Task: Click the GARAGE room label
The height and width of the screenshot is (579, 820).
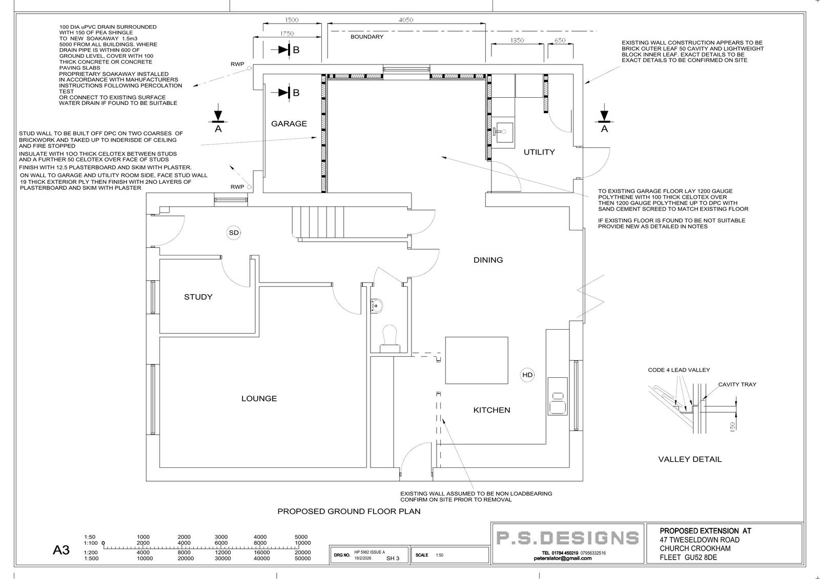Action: tap(289, 123)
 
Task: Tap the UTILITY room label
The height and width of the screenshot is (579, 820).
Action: tap(539, 152)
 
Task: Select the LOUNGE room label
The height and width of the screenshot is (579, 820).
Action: tap(259, 398)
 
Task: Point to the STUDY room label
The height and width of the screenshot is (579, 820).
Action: tap(198, 296)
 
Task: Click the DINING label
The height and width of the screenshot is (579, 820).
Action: tap(488, 260)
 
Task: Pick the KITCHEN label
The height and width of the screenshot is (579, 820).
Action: tap(491, 410)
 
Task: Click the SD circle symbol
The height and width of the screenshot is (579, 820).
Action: tap(234, 232)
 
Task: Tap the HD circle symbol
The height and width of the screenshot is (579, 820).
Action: tap(527, 375)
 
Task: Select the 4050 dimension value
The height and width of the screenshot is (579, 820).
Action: tap(406, 20)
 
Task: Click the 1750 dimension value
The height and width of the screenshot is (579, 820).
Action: tap(287, 33)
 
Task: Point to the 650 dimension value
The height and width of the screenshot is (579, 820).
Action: tap(560, 40)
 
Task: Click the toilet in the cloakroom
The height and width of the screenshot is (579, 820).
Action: tap(389, 339)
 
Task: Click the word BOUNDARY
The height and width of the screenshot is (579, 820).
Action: tap(367, 36)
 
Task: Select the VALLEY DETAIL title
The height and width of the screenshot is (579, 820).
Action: tap(690, 459)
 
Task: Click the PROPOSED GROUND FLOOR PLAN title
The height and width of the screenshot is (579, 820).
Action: tap(349, 511)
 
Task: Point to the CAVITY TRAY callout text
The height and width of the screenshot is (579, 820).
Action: tap(737, 384)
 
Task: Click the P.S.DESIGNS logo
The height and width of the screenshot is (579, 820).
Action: tap(567, 538)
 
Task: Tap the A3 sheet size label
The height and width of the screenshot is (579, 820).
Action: tap(61, 550)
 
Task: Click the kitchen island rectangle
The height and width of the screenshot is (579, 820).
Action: tap(476, 360)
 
